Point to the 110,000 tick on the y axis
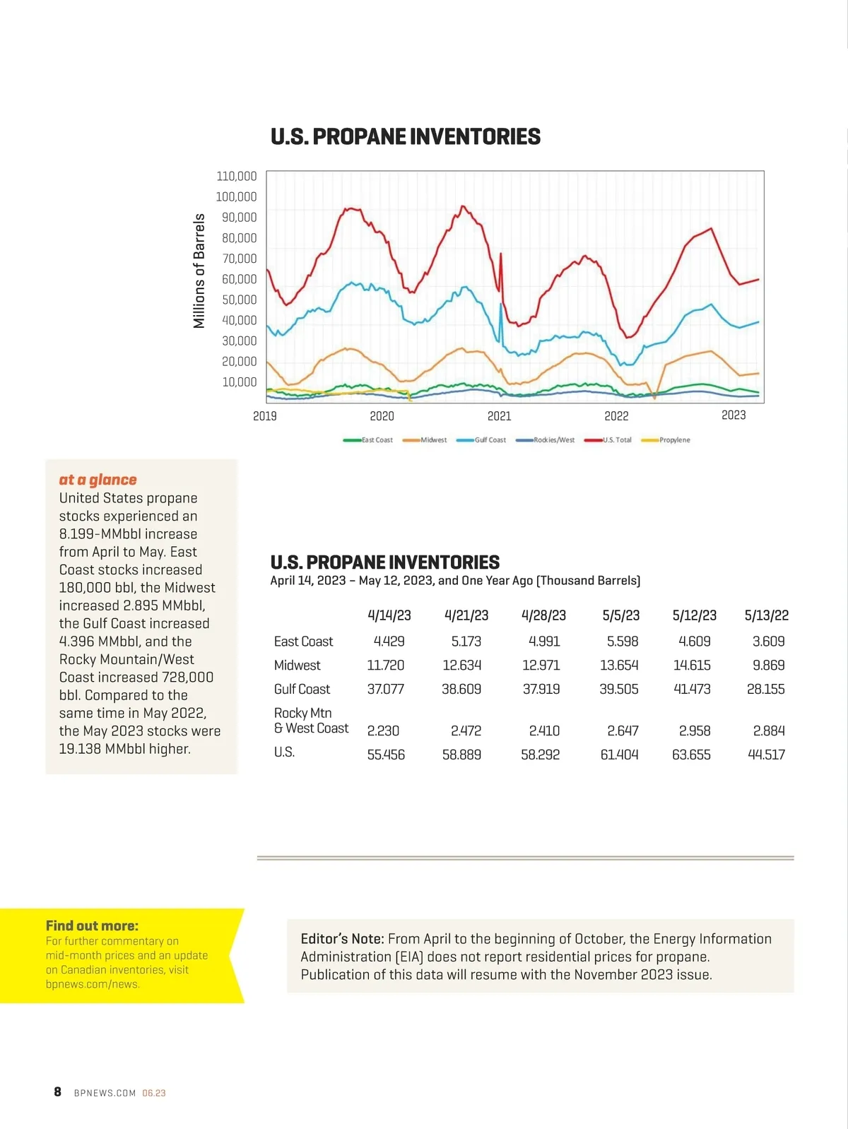click(237, 176)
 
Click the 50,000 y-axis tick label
click(240, 300)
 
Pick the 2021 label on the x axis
click(499, 416)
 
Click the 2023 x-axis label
click(734, 415)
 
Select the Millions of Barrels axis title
click(199, 271)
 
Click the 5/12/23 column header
click(694, 615)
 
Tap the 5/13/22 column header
click(767, 615)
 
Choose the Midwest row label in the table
click(297, 666)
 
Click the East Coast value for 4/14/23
click(389, 642)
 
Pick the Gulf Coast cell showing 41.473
click(692, 689)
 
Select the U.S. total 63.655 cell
click(691, 755)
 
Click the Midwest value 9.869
click(768, 666)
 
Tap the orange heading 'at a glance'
click(98, 480)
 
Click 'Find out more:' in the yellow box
click(92, 926)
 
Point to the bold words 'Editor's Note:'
click(342, 939)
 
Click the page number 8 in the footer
click(58, 1092)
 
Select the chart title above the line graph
click(406, 136)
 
